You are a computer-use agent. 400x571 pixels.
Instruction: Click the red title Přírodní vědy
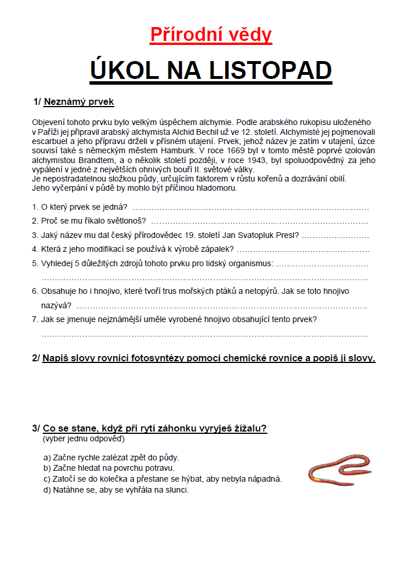pos(211,35)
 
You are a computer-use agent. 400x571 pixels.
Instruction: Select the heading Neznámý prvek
pos(79,102)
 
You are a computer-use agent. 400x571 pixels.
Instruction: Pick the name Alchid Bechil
pos(208,131)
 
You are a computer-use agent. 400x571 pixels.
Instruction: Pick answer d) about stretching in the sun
pos(116,490)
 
